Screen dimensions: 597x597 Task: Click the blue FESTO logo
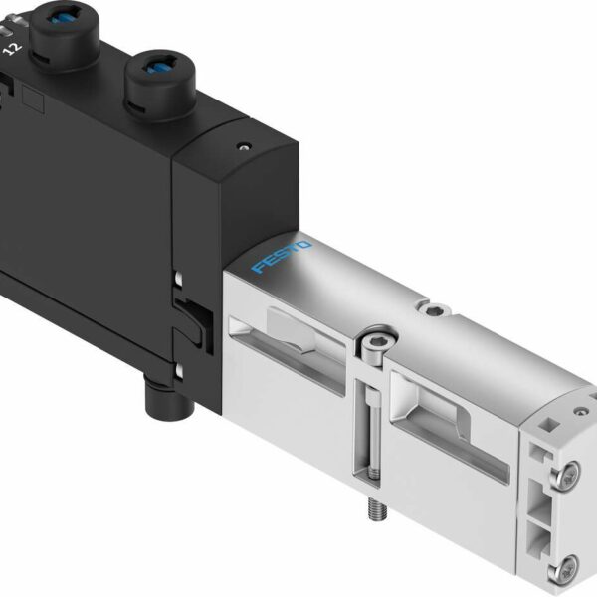point(283,256)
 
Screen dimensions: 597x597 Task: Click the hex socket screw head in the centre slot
point(371,344)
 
